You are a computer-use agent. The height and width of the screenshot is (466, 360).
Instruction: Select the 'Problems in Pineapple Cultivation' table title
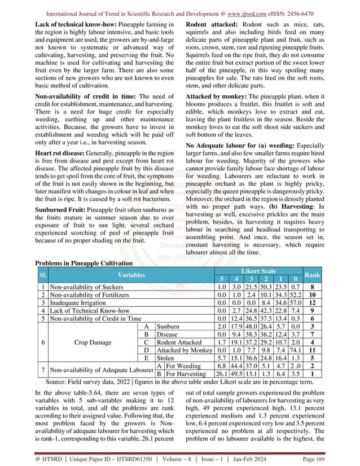pos(83,263)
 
